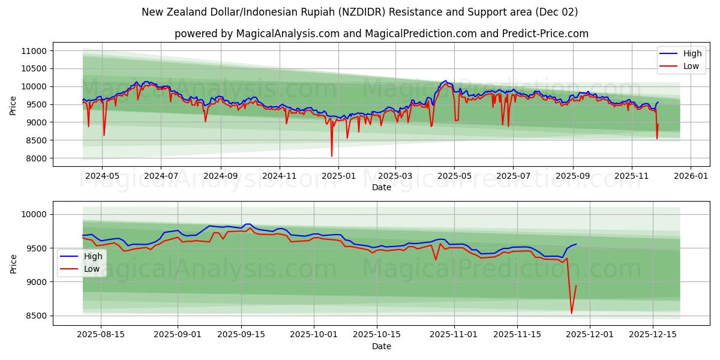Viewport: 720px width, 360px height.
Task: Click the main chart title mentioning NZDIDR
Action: coord(360,12)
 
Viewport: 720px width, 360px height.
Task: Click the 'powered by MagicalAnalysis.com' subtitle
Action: coord(381,34)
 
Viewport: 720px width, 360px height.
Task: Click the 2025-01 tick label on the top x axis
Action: coord(338,176)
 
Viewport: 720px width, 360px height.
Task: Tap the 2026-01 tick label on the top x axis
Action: coord(691,176)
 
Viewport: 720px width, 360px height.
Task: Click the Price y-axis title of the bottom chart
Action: coord(14,263)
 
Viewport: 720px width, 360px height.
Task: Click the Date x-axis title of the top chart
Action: coord(381,187)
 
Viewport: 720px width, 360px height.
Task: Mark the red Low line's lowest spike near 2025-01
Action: coord(332,156)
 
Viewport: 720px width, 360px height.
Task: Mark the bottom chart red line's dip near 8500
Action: coord(571,313)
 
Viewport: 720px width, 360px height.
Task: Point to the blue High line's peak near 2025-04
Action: coord(445,81)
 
